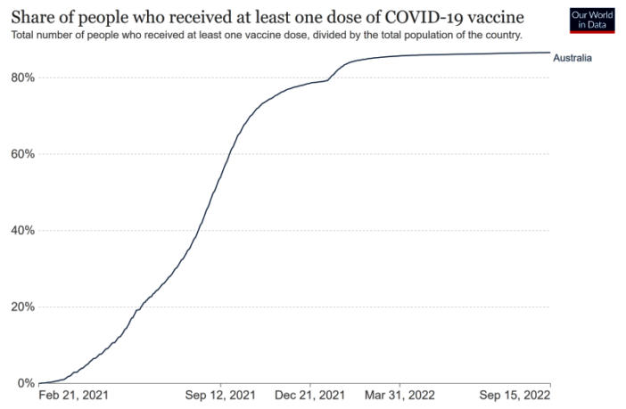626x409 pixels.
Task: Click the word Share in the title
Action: click(x=33, y=17)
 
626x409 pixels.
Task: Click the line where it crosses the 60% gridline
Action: click(x=229, y=154)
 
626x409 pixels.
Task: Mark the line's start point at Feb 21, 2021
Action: click(x=39, y=383)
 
